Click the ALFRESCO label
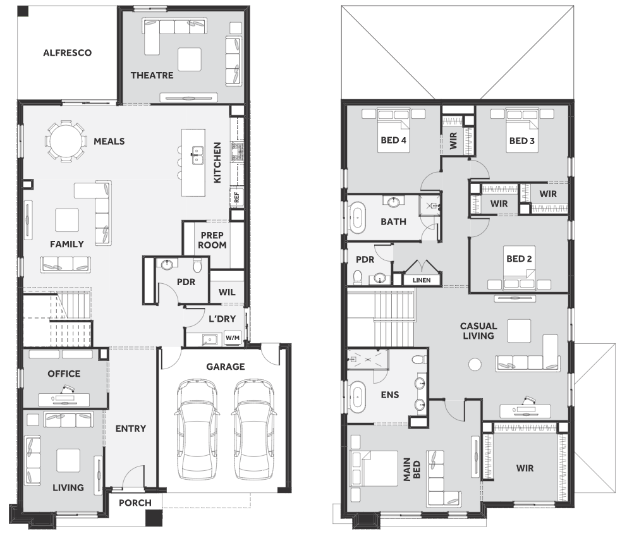pyautogui.click(x=67, y=53)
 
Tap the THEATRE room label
pyautogui.click(x=152, y=75)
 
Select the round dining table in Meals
pyautogui.click(x=66, y=141)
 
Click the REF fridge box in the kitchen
pyautogui.click(x=236, y=197)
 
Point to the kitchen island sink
pyautogui.click(x=197, y=155)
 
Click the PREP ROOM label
pyautogui.click(x=212, y=240)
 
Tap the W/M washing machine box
pyautogui.click(x=233, y=338)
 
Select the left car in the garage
pyautogui.click(x=197, y=429)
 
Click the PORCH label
pyautogui.click(x=135, y=502)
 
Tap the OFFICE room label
pyautogui.click(x=64, y=374)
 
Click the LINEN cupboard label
pyautogui.click(x=422, y=280)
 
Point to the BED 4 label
pyautogui.click(x=394, y=140)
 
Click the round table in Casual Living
pyautogui.click(x=475, y=364)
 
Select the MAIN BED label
pyautogui.click(x=411, y=469)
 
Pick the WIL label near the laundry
pyautogui.click(x=227, y=292)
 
